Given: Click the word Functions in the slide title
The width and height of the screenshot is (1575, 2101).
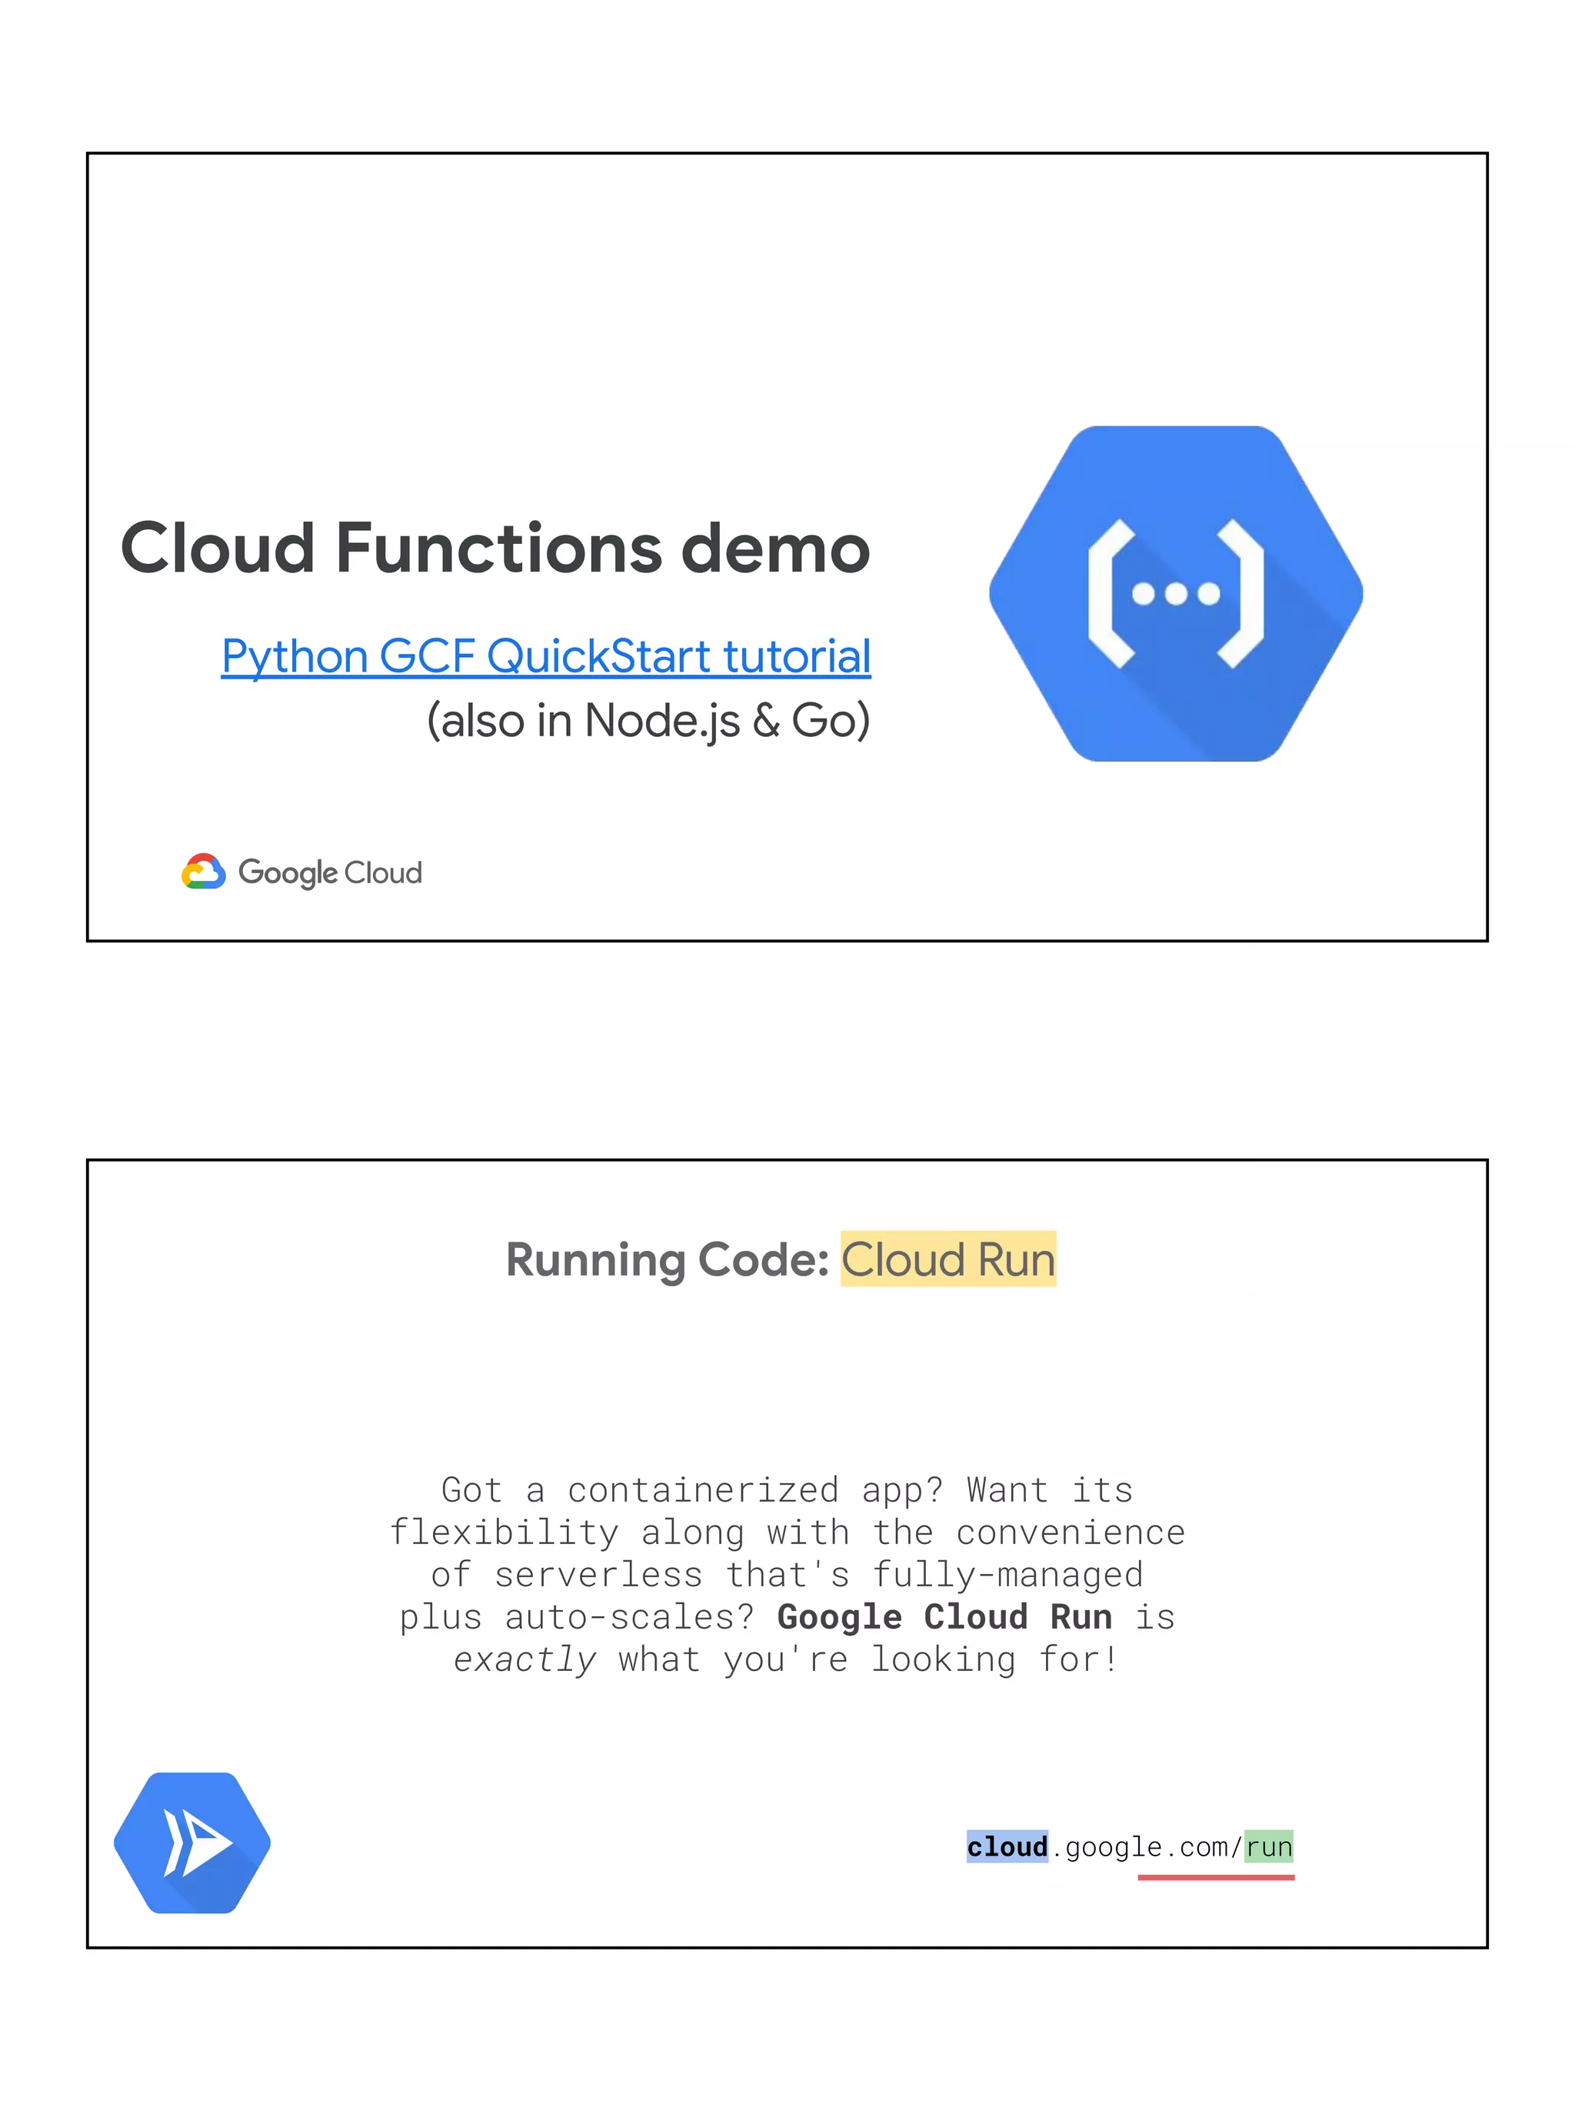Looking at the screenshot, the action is [x=498, y=549].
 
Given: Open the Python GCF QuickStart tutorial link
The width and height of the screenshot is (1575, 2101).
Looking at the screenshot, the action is [x=546, y=656].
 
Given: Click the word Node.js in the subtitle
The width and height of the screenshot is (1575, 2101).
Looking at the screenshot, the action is [x=661, y=721].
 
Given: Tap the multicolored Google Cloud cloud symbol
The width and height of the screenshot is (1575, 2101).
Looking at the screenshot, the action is [x=203, y=872].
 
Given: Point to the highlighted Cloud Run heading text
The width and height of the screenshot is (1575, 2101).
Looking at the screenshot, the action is [x=947, y=1259].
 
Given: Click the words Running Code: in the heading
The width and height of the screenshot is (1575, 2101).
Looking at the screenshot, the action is [x=668, y=1259].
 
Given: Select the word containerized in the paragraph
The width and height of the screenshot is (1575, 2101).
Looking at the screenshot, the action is [x=703, y=1490].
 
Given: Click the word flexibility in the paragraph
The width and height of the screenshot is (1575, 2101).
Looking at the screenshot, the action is [x=504, y=1533].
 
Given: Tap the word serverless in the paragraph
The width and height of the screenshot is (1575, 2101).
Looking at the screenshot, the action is [x=598, y=1575].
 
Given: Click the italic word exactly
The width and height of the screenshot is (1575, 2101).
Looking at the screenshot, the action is [x=525, y=1659].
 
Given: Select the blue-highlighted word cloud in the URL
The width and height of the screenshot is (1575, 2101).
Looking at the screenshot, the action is [x=1007, y=1847].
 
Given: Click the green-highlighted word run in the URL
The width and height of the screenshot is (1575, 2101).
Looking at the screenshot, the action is [x=1269, y=1847].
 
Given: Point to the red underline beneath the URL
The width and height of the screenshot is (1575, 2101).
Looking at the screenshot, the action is [x=1215, y=1877].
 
